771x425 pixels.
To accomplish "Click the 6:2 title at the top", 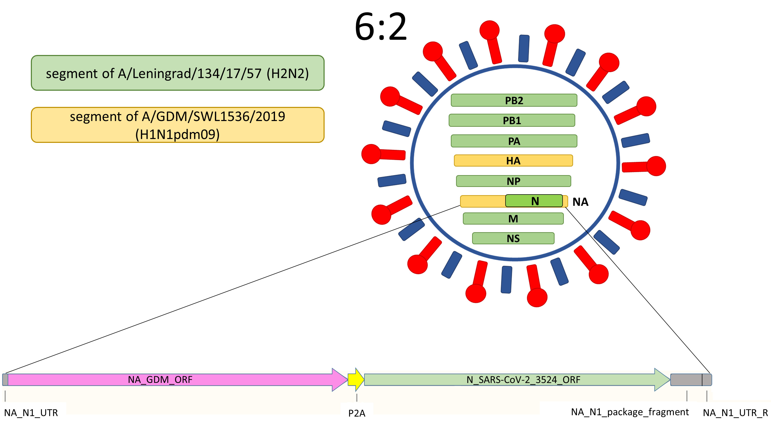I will tap(380, 27).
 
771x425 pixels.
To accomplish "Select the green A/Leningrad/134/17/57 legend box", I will tap(178, 73).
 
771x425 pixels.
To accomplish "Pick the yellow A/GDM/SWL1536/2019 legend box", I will tap(178, 125).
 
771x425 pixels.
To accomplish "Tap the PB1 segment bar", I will tap(511, 120).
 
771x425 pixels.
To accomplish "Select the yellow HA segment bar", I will tap(513, 161).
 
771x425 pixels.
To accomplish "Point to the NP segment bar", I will tap(513, 181).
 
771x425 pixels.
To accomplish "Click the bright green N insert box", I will tap(534, 201).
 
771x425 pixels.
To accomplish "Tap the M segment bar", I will tap(513, 218).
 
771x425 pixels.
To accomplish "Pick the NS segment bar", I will tap(513, 238).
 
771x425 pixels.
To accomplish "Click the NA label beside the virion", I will tap(580, 202).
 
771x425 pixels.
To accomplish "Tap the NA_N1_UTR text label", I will tap(31, 413).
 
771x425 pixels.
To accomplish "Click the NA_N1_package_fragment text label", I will tap(629, 412).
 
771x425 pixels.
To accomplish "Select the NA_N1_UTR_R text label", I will tap(735, 413).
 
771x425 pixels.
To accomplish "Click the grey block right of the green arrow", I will tap(686, 380).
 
